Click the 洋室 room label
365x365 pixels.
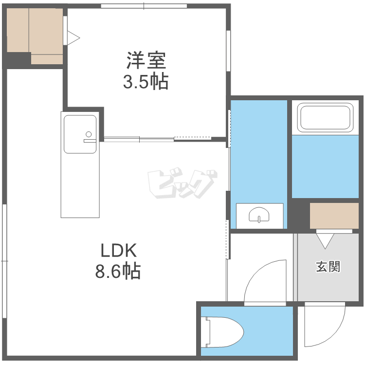[146, 60]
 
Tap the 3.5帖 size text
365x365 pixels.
[146, 81]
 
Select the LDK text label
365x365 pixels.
[118, 250]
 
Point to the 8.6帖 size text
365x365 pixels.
[118, 271]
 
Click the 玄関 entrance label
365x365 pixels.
[328, 266]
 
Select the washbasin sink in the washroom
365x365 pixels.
[259, 215]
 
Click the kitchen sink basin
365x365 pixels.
[80, 134]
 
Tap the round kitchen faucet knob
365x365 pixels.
[89, 134]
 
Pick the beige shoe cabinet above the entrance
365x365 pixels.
[334, 216]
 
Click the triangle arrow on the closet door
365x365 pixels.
[73, 37]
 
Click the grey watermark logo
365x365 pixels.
[182, 182]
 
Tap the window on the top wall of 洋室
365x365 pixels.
[144, 6]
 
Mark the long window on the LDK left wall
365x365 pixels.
[5, 261]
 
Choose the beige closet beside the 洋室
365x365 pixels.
[35, 36]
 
